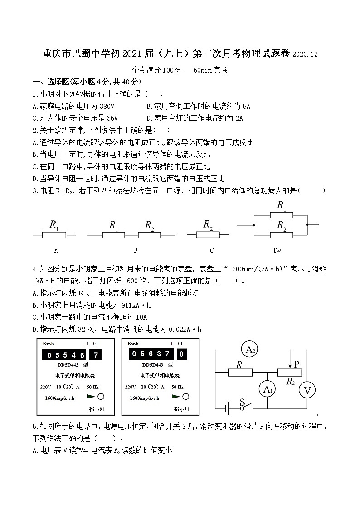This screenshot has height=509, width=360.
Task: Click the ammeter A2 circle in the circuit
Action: [x=251, y=349]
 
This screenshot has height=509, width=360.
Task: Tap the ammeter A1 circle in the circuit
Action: [x=267, y=389]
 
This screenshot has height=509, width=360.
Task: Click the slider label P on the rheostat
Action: [x=297, y=364]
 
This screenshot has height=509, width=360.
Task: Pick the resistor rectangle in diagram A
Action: [x=54, y=235]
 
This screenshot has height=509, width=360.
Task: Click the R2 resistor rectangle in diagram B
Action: [x=149, y=235]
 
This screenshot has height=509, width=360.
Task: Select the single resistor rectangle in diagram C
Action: [x=208, y=234]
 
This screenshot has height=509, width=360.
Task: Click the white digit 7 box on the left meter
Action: [x=96, y=355]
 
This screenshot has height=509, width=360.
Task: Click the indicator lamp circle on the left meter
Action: [x=101, y=396]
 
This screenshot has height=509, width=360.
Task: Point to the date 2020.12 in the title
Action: [x=305, y=54]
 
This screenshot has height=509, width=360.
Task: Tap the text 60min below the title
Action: [x=203, y=70]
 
